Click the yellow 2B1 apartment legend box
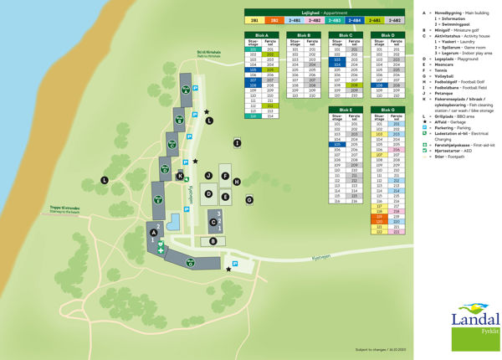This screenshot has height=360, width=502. point(253,18)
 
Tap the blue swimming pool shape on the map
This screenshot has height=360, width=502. point(173,223)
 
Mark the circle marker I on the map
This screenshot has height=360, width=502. point(238,143)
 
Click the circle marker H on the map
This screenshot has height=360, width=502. point(237,181)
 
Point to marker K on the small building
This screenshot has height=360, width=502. point(180,175)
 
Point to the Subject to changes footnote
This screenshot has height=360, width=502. point(380,349)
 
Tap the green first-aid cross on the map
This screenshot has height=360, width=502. point(159,249)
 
